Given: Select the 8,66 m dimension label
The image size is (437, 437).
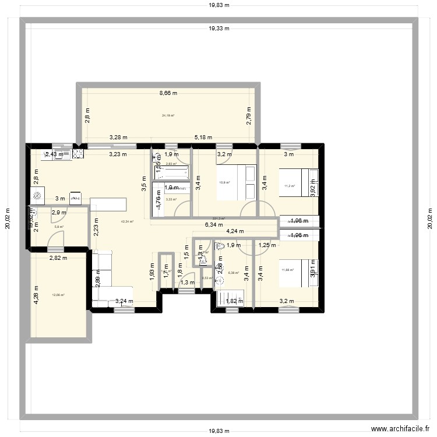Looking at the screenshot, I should pos(168,93).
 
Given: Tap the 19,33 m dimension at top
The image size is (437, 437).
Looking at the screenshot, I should pos(219,28).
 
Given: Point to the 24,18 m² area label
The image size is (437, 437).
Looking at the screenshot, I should pos(168,115).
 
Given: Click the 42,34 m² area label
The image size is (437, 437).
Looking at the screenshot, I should pos(127,221).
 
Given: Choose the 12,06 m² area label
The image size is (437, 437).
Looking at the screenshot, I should pos(58,295).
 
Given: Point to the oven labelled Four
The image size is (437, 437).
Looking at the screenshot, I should pos(75,198).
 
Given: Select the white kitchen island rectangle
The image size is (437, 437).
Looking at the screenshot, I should pos(108,205).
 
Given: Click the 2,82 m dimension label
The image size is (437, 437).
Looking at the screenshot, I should pos(58,258).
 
